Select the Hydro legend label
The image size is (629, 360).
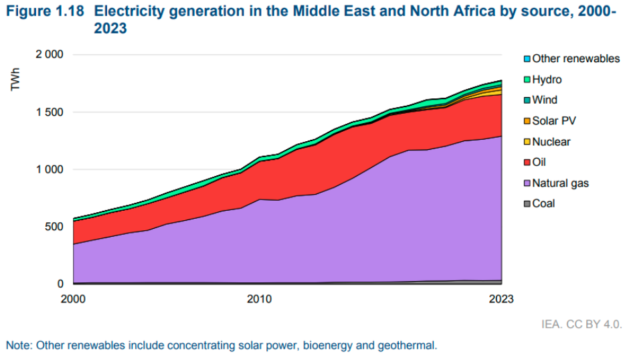[x=547, y=80]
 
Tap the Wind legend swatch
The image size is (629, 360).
[x=527, y=100]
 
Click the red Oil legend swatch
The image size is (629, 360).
[x=527, y=162]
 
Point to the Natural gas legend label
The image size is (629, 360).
[x=560, y=183]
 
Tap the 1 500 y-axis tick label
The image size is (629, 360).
[x=50, y=112]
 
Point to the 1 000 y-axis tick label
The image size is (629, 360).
[x=50, y=170]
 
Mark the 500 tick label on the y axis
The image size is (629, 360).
[x=55, y=227]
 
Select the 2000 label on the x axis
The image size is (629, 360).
[x=74, y=299]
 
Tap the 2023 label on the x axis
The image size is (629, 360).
[x=501, y=299]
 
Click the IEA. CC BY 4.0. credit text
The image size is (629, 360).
[x=581, y=325]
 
